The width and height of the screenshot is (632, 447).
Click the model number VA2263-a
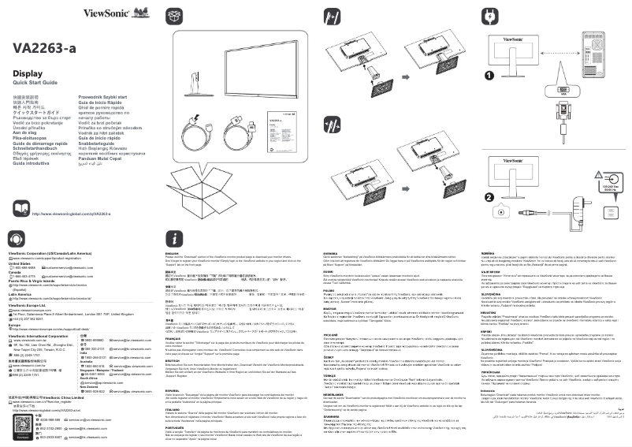[x=44, y=49]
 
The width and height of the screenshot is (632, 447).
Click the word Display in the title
[x=28, y=73]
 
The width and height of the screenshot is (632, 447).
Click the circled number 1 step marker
[x=489, y=76]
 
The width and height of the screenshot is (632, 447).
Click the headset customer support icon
[x=17, y=239]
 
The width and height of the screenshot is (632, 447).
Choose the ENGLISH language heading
[x=173, y=253]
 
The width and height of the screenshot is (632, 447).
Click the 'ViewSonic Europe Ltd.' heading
[x=32, y=305]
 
